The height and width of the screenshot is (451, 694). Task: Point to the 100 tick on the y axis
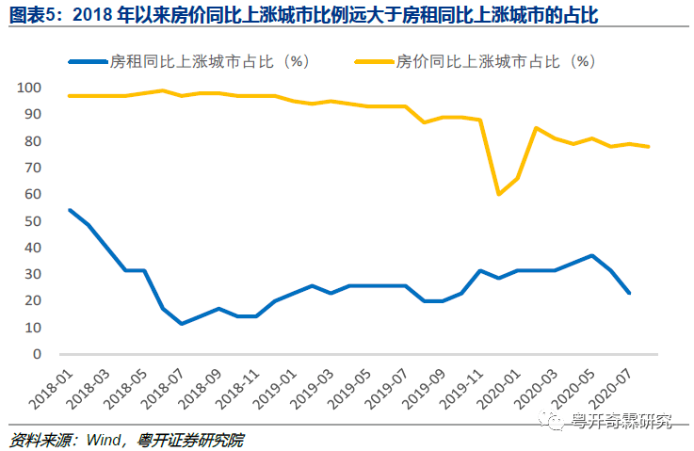(29, 88)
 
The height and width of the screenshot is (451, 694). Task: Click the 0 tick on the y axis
(37, 355)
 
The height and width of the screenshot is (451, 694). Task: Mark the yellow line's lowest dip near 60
(498, 194)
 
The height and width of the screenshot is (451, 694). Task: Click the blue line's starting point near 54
(70, 210)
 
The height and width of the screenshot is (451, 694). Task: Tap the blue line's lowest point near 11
(181, 324)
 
